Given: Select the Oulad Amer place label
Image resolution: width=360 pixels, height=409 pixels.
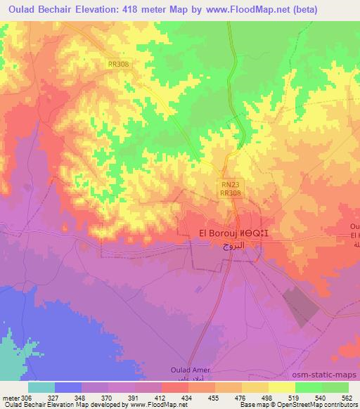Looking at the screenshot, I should click(x=191, y=370).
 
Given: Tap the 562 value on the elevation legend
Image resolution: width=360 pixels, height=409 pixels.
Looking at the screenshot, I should click(x=347, y=397).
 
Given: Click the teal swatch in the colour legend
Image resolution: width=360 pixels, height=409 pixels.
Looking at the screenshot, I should click(x=41, y=387).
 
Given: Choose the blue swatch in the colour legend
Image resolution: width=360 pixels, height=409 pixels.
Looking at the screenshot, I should click(x=68, y=387).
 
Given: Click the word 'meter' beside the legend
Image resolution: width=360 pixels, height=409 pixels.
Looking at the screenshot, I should click(x=10, y=397).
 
